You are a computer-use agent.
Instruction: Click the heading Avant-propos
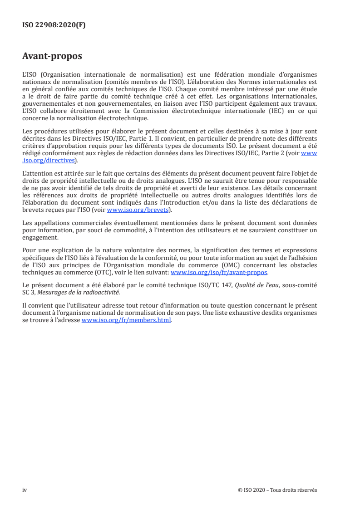[52, 56]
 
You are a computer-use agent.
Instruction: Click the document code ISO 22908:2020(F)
[54, 25]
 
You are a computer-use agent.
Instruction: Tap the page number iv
[25, 490]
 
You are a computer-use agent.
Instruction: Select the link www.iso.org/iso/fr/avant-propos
[219, 273]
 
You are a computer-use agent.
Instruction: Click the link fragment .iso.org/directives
[49, 160]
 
